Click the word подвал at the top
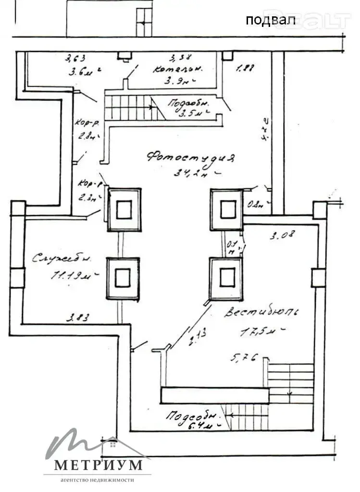click(x=264, y=20)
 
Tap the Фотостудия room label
click(x=191, y=158)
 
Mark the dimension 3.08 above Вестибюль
click(x=282, y=235)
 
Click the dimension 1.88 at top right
click(x=245, y=68)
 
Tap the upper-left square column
click(x=124, y=209)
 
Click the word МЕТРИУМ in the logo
click(x=98, y=465)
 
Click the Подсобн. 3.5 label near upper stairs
click(x=185, y=109)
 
